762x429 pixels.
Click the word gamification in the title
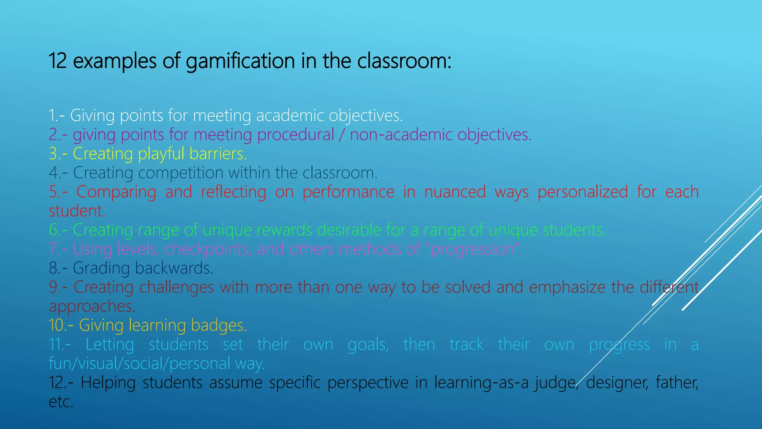pyautogui.click(x=240, y=61)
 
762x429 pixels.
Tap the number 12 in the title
pyautogui.click(x=57, y=61)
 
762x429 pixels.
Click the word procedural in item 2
pyautogui.click(x=295, y=135)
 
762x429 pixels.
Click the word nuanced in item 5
pyautogui.click(x=455, y=192)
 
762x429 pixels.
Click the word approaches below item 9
pyautogui.click(x=92, y=306)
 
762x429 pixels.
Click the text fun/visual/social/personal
pyautogui.click(x=140, y=364)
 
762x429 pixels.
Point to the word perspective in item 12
pyautogui.click(x=368, y=383)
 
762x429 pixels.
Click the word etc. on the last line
pyautogui.click(x=61, y=402)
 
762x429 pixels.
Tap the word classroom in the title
pyautogui.click(x=404, y=61)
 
